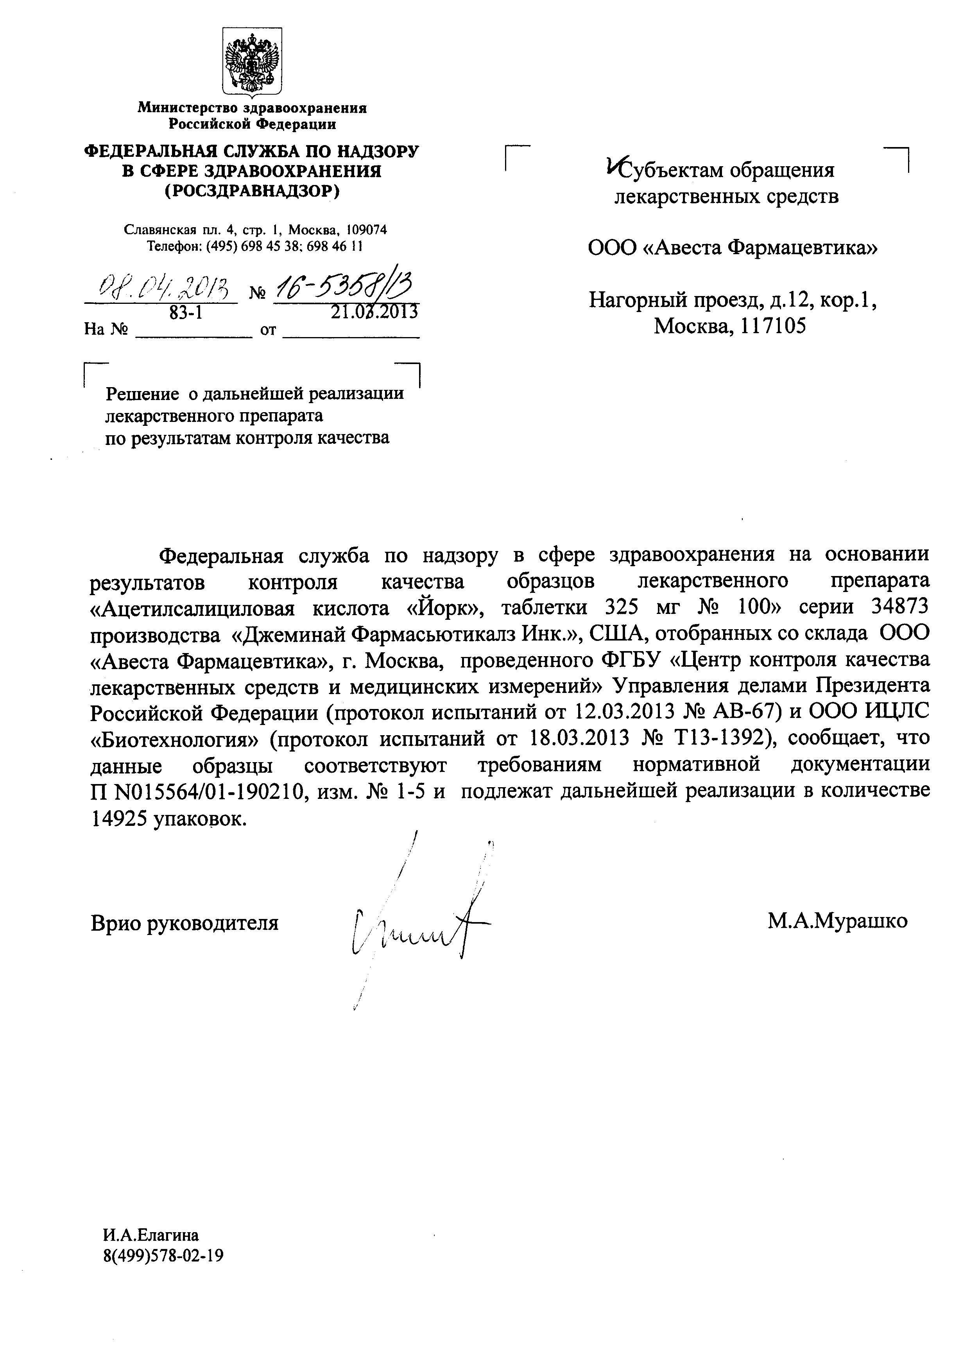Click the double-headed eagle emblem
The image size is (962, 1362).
click(252, 62)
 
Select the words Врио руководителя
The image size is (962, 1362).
click(185, 923)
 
